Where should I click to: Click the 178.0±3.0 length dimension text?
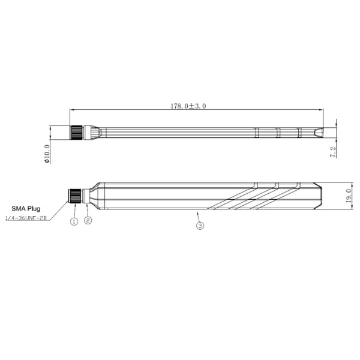[x=188, y=106]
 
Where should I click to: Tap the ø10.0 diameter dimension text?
[x=47, y=152]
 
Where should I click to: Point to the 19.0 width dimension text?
[x=349, y=196]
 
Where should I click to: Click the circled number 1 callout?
[x=74, y=221]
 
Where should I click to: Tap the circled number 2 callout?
[x=88, y=220]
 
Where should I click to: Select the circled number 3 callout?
[x=200, y=226]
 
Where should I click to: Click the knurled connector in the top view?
[x=76, y=132]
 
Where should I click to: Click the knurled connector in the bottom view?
[x=75, y=196]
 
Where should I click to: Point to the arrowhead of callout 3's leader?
[x=197, y=211]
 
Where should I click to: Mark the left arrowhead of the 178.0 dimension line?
[x=72, y=110]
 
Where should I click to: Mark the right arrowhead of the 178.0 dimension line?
[x=321, y=110]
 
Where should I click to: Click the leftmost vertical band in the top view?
[x=256, y=132]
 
